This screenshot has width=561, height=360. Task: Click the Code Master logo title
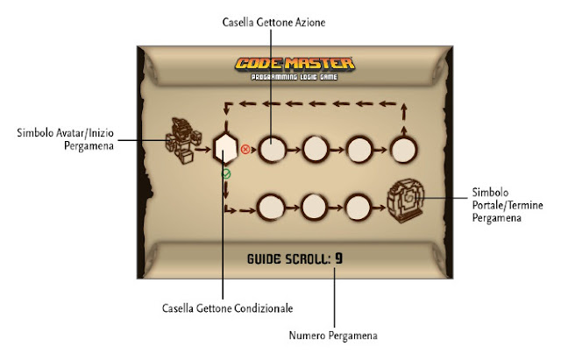[295, 64]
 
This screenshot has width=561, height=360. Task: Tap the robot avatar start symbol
[183, 141]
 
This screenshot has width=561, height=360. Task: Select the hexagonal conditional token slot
[225, 148]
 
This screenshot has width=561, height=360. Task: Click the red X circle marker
[245, 149]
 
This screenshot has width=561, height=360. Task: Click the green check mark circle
[226, 174]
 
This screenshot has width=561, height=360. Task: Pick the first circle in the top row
[273, 149]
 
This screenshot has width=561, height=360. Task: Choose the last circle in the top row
[403, 150]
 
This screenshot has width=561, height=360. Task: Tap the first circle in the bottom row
[271, 208]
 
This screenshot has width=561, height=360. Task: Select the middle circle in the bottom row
[314, 208]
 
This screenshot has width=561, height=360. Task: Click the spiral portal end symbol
[406, 201]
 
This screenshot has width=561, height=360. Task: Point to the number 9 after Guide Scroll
[338, 258]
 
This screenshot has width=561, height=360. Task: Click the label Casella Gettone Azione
[273, 22]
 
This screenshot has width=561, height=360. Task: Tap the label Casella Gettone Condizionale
[228, 308]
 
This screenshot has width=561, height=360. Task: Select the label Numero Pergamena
[333, 335]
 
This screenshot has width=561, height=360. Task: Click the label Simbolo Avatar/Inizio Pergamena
[66, 139]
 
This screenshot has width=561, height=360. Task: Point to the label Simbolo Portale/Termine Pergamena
[508, 205]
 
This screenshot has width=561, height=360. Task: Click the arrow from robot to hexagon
[204, 150]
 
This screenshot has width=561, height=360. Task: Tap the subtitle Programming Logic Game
[295, 77]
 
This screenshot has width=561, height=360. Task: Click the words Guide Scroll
[289, 258]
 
